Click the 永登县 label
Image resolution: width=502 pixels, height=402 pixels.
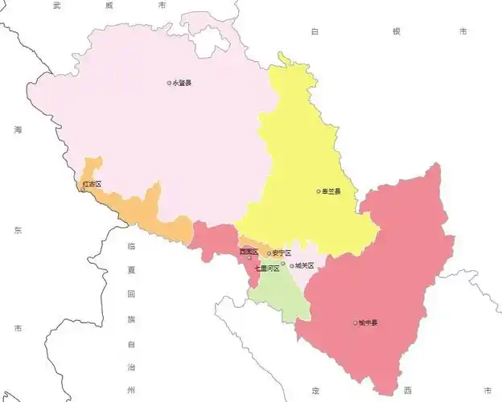[183, 83]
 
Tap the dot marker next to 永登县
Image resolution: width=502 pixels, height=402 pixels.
[169, 83]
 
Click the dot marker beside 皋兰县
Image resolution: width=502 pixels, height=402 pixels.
[319, 191]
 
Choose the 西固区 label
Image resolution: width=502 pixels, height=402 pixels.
[249, 252]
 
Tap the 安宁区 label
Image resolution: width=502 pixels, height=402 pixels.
[282, 253]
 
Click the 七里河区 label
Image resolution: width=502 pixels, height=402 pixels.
[267, 268]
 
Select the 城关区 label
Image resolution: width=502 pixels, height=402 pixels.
[304, 265]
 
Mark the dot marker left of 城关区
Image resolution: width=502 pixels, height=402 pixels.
[293, 265]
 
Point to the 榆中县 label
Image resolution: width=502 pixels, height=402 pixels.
[369, 323]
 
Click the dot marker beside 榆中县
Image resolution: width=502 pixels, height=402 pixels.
[356, 323]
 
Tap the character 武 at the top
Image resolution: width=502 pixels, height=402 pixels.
[56, 5]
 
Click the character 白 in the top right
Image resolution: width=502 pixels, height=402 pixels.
[316, 31]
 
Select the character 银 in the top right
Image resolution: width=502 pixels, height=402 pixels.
[396, 31]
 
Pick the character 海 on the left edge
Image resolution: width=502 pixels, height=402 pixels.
[17, 130]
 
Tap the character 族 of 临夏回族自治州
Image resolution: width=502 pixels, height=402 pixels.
[131, 319]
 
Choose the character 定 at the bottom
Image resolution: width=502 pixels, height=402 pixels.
[315, 390]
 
